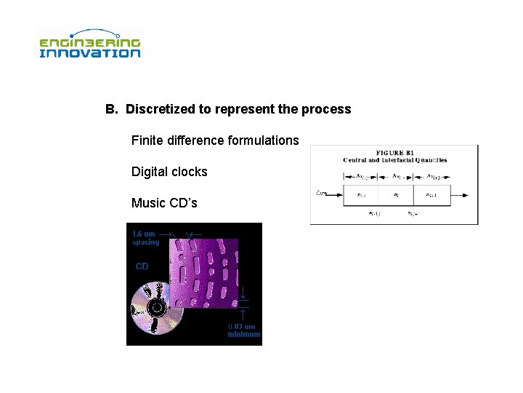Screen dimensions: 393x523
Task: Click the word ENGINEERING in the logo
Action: pos(89,42)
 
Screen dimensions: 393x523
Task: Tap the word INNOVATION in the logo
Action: pos(89,53)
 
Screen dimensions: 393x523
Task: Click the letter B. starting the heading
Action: pos(111,109)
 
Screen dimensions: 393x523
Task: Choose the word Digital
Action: pos(149,172)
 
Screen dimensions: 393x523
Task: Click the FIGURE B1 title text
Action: pos(394,152)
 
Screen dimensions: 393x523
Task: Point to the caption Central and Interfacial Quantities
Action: pos(394,159)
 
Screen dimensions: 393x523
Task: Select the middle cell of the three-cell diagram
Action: pos(395,194)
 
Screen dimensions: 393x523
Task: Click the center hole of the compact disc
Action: pos(155,308)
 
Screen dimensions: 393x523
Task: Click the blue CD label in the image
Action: pos(142,266)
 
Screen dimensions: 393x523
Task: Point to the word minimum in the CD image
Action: pos(244,334)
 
